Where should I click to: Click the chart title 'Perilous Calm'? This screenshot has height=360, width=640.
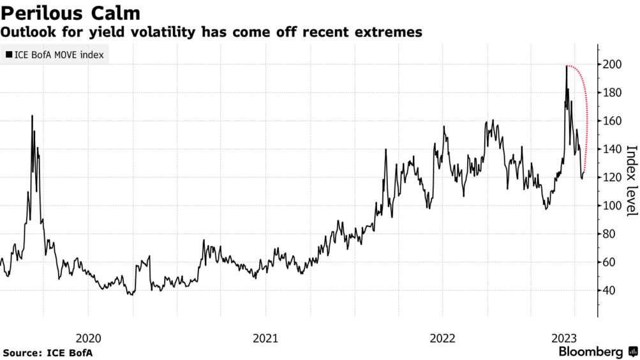click(71, 12)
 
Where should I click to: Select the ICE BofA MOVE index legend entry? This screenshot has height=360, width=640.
click(56, 55)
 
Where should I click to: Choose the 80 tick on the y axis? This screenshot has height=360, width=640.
click(609, 234)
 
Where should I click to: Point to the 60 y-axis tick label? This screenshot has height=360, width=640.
click(609, 262)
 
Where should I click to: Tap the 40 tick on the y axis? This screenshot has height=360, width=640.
click(609, 290)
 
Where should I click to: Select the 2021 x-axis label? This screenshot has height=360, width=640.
click(265, 338)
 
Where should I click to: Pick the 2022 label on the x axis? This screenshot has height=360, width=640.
click(443, 338)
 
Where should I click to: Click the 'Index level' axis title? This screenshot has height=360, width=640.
click(631, 181)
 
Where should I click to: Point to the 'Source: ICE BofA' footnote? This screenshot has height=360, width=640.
click(44, 352)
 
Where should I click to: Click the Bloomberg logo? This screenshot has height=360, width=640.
click(597, 352)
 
